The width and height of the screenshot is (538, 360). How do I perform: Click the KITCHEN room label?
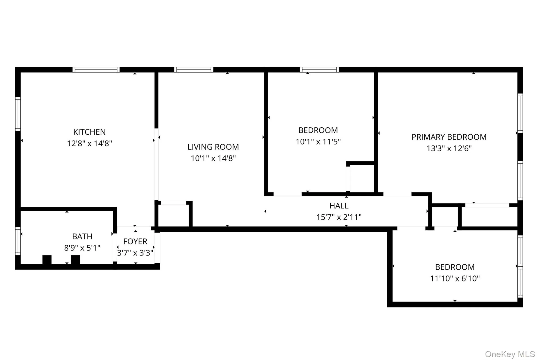(x=89, y=132)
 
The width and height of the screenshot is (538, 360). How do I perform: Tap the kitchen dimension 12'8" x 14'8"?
(x=89, y=143)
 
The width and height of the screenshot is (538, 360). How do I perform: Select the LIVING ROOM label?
(x=213, y=147)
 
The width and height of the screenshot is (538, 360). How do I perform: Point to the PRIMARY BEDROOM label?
(x=449, y=137)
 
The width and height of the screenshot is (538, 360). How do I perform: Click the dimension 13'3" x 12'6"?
(x=449, y=148)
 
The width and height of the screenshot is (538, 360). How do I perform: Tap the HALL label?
(x=339, y=206)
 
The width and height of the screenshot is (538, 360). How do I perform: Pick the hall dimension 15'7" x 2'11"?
(x=339, y=217)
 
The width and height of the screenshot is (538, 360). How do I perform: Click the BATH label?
(x=82, y=236)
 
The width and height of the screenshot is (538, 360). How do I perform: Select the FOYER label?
(x=135, y=241)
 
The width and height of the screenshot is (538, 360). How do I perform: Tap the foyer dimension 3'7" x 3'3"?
(x=135, y=253)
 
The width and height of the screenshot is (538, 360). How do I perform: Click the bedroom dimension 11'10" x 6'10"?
(x=455, y=278)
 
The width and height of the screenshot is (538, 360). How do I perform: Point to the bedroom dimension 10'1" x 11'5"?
(x=318, y=142)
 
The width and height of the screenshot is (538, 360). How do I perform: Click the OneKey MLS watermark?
(x=510, y=354)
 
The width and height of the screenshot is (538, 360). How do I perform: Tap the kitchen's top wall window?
(x=96, y=70)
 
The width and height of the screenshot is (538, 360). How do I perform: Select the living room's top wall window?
(x=194, y=70)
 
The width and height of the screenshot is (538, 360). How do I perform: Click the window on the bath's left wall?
(x=18, y=241)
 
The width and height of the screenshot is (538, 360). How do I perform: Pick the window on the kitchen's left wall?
(x=18, y=114)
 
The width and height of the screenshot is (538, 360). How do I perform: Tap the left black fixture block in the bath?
(x=47, y=259)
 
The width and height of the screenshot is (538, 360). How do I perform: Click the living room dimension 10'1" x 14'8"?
(x=213, y=158)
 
